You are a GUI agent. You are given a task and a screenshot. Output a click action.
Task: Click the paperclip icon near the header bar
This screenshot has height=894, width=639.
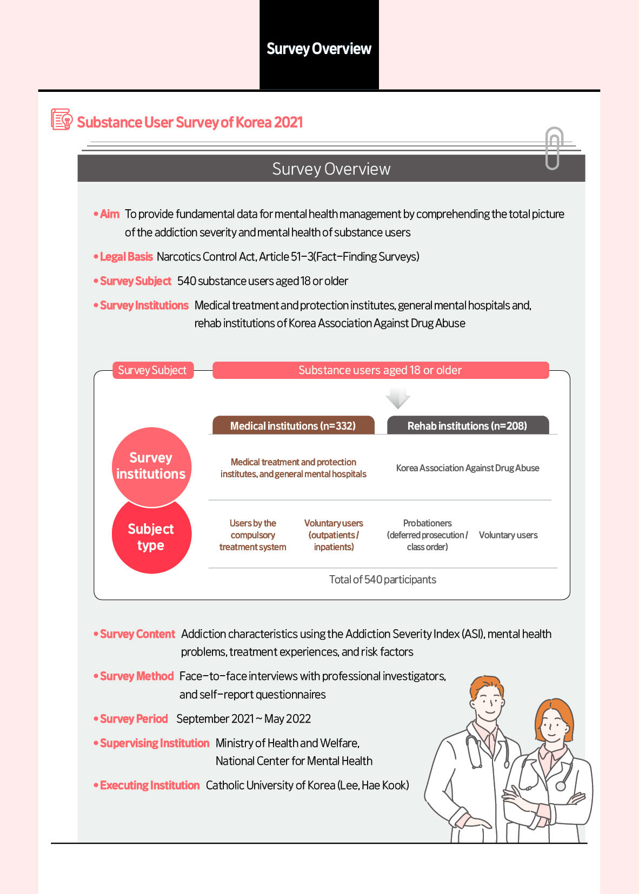(554, 149)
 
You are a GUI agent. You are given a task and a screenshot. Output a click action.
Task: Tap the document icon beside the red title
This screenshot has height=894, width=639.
(61, 119)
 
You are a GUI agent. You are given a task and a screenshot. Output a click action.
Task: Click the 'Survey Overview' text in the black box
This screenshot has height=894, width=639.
(319, 49)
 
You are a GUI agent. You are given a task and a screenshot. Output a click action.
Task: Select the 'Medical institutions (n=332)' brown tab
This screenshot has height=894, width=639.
(293, 426)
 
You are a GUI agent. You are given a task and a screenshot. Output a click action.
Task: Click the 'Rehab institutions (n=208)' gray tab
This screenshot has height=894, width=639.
(467, 426)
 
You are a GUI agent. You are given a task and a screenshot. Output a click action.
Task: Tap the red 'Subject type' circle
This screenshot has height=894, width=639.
(151, 537)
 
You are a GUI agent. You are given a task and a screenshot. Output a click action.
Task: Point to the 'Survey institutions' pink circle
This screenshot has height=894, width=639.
(151, 465)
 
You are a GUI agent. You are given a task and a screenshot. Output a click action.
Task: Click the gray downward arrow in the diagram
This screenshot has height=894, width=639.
(398, 398)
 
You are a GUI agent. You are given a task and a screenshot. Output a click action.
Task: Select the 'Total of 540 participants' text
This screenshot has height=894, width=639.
(382, 579)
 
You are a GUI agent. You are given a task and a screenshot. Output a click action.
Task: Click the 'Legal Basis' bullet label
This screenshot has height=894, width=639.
(126, 257)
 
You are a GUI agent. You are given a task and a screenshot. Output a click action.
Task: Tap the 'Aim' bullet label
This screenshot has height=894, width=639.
(110, 214)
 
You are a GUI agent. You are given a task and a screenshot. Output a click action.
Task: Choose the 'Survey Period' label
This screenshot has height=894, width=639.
(134, 719)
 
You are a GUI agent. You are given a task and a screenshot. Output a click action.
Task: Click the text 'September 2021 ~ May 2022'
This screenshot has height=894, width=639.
(243, 719)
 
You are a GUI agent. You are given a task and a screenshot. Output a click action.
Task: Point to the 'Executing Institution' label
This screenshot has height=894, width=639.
(150, 785)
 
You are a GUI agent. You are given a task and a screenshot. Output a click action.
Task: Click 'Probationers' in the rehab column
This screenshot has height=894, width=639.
(427, 523)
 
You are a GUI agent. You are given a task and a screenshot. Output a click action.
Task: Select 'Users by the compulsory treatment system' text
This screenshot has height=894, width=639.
(252, 535)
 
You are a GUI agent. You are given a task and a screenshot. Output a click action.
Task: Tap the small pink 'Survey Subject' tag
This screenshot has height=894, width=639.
(152, 370)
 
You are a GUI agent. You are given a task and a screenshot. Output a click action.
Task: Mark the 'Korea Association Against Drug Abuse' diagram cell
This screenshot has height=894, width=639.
(468, 468)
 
